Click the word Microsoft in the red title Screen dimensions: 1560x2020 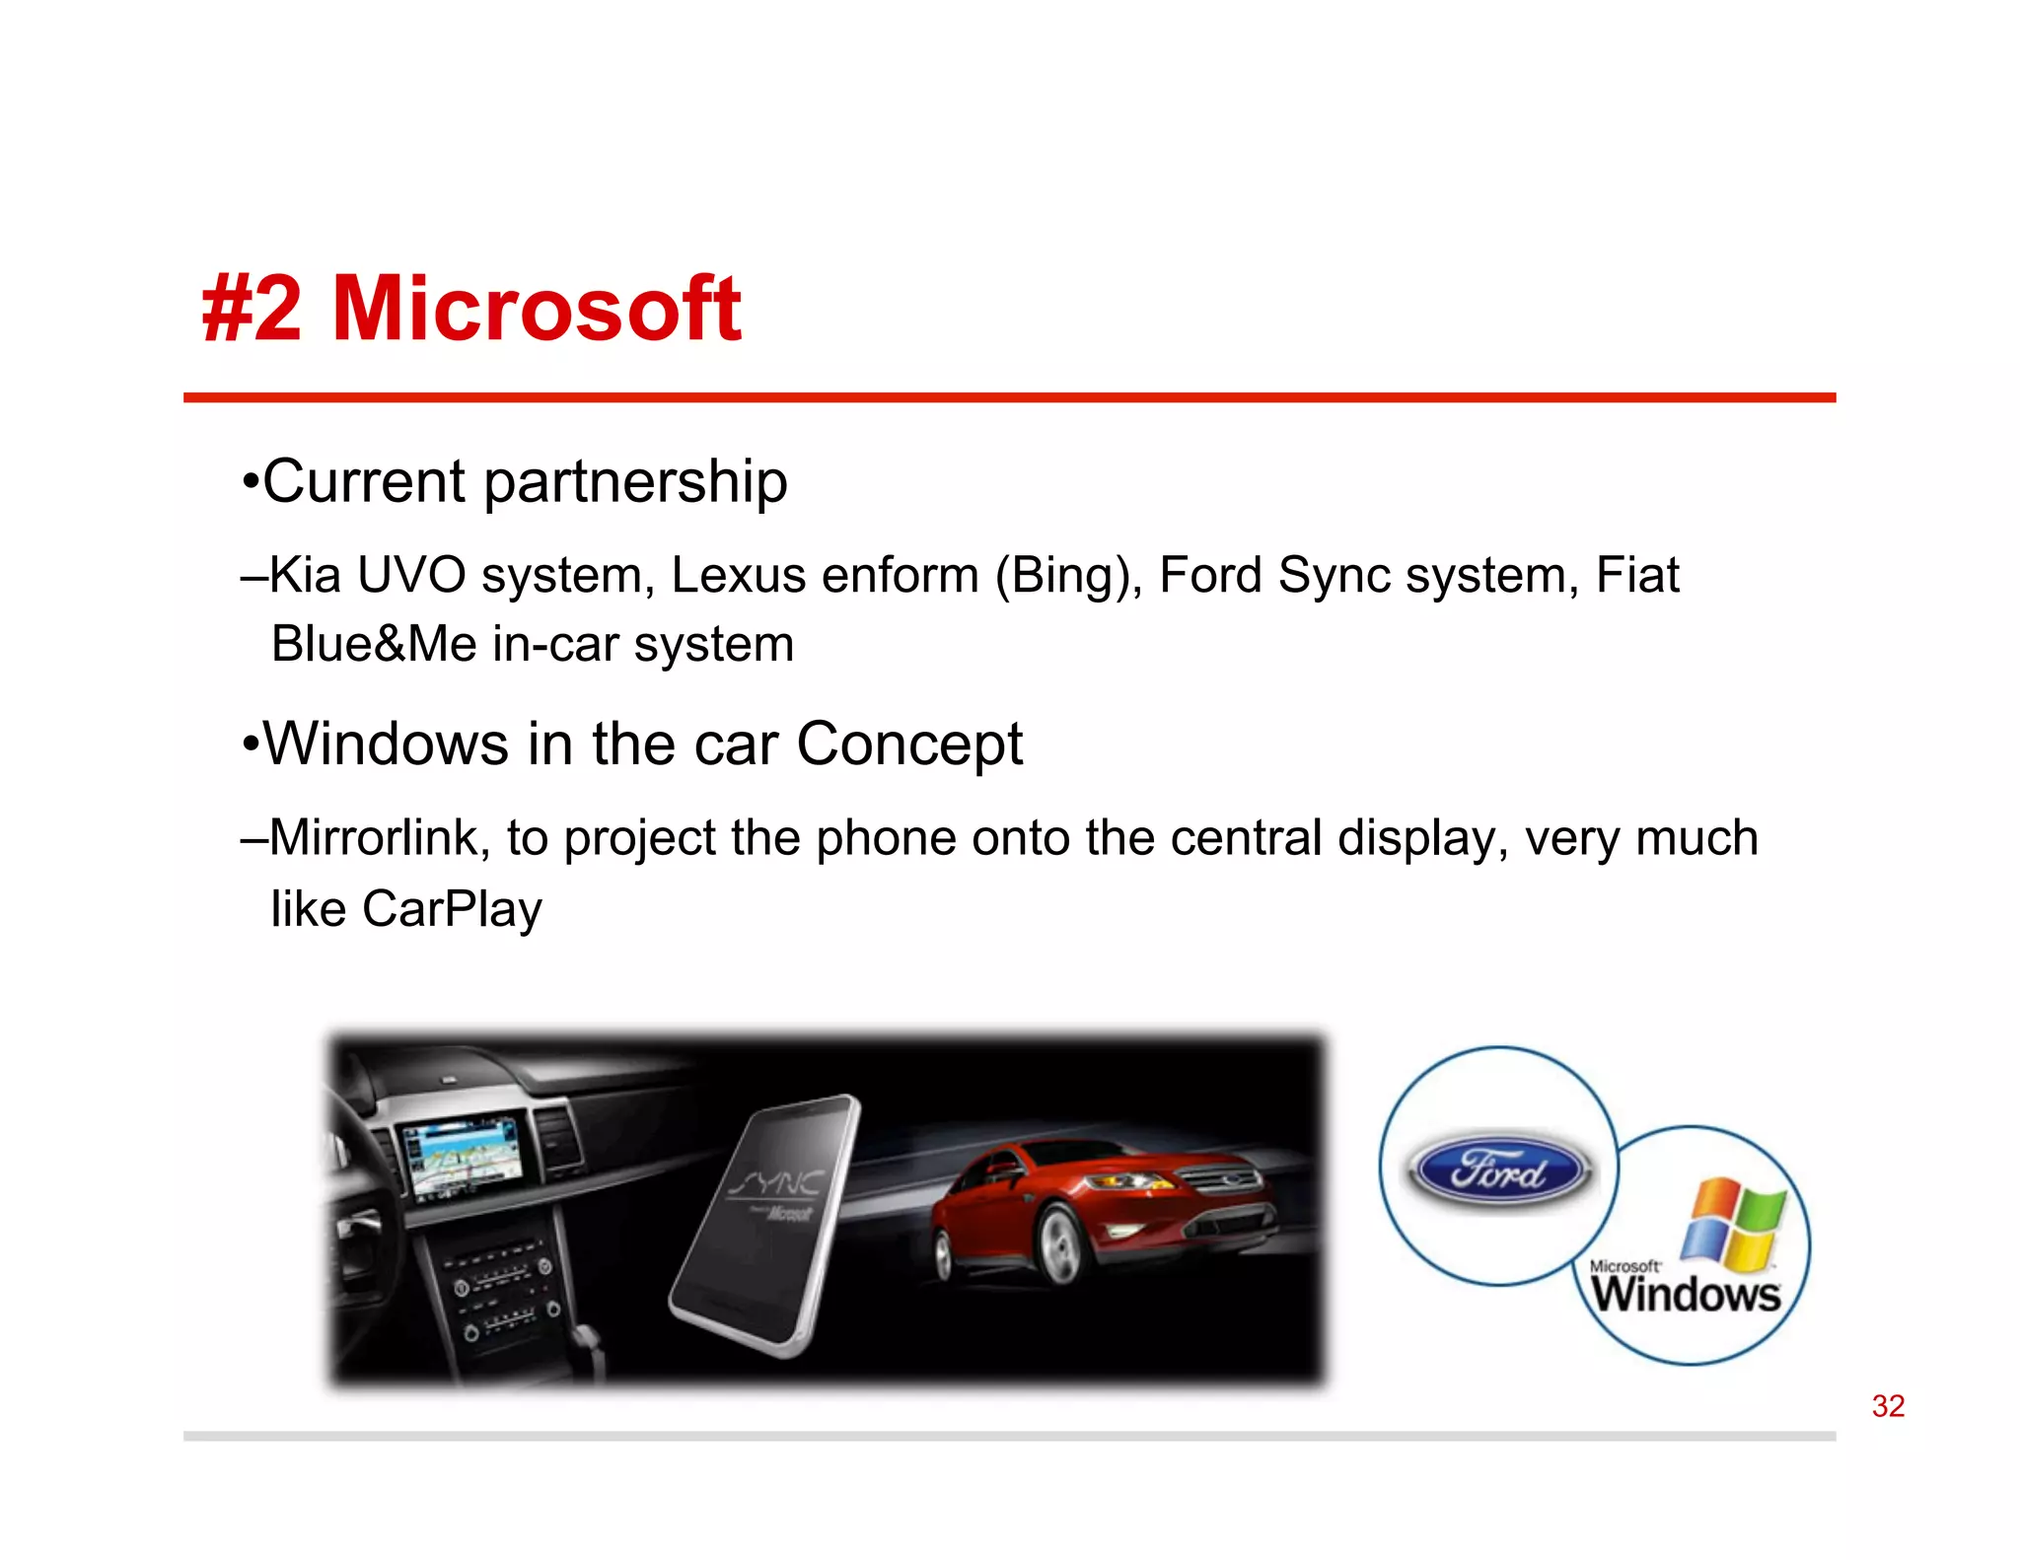[x=537, y=309]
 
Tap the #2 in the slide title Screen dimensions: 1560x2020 [x=252, y=309]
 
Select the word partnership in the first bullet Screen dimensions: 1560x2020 [x=635, y=482]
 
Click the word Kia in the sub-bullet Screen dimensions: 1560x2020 [x=305, y=575]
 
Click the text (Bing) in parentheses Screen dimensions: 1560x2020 [x=1068, y=576]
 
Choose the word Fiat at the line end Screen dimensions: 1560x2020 [x=1637, y=575]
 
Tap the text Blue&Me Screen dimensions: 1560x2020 [x=374, y=645]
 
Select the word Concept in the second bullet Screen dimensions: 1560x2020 [x=908, y=744]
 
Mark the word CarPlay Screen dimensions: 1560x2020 [x=452, y=909]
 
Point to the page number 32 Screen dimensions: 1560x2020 [x=1888, y=1405]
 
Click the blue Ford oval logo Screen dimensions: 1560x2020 [x=1497, y=1170]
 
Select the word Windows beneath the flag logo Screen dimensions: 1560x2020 [x=1686, y=1294]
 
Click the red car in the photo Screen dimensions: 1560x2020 [x=1105, y=1203]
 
